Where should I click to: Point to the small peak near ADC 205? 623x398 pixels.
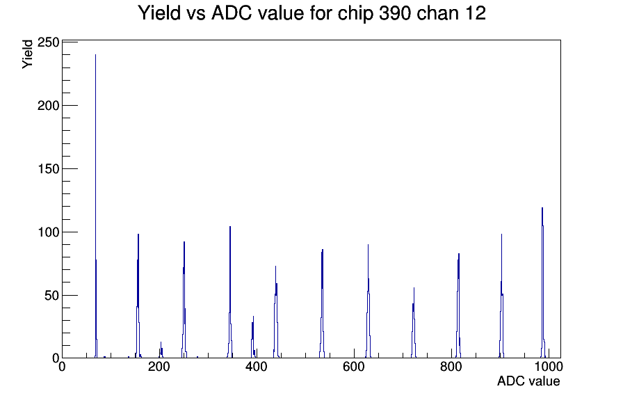[x=161, y=351]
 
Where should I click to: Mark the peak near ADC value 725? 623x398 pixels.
[x=414, y=322]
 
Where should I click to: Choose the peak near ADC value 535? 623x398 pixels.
[x=322, y=302]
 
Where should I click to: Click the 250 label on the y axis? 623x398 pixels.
[x=48, y=42]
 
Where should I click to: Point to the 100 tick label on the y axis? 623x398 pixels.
[x=48, y=232]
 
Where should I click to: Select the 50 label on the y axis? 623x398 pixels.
[x=51, y=296]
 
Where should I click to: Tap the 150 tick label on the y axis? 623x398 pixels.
[x=48, y=169]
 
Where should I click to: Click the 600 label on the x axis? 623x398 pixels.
[x=354, y=367]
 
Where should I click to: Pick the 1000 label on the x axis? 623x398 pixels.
[x=548, y=367]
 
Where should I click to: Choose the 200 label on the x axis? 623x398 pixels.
[x=159, y=367]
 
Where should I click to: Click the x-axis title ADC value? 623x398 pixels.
[x=528, y=381]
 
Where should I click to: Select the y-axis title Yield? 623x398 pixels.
[x=27, y=54]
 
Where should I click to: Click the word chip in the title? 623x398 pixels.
[x=355, y=14]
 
